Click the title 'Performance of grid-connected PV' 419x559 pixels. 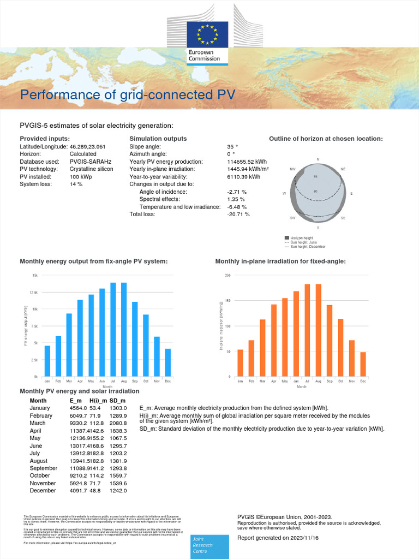(x=128, y=95)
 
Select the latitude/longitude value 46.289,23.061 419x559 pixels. (x=88, y=147)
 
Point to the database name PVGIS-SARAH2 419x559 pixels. (x=91, y=162)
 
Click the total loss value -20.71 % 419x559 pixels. (x=238, y=215)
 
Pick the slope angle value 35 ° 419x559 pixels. (x=232, y=147)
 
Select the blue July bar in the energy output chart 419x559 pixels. (x=113, y=330)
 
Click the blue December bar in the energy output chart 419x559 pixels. (x=168, y=362)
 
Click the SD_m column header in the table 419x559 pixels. (x=117, y=401)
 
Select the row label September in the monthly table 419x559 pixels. (x=44, y=468)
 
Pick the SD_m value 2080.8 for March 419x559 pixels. (x=118, y=423)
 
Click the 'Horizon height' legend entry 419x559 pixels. (x=302, y=239)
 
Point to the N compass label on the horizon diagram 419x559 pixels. (x=318, y=159)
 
